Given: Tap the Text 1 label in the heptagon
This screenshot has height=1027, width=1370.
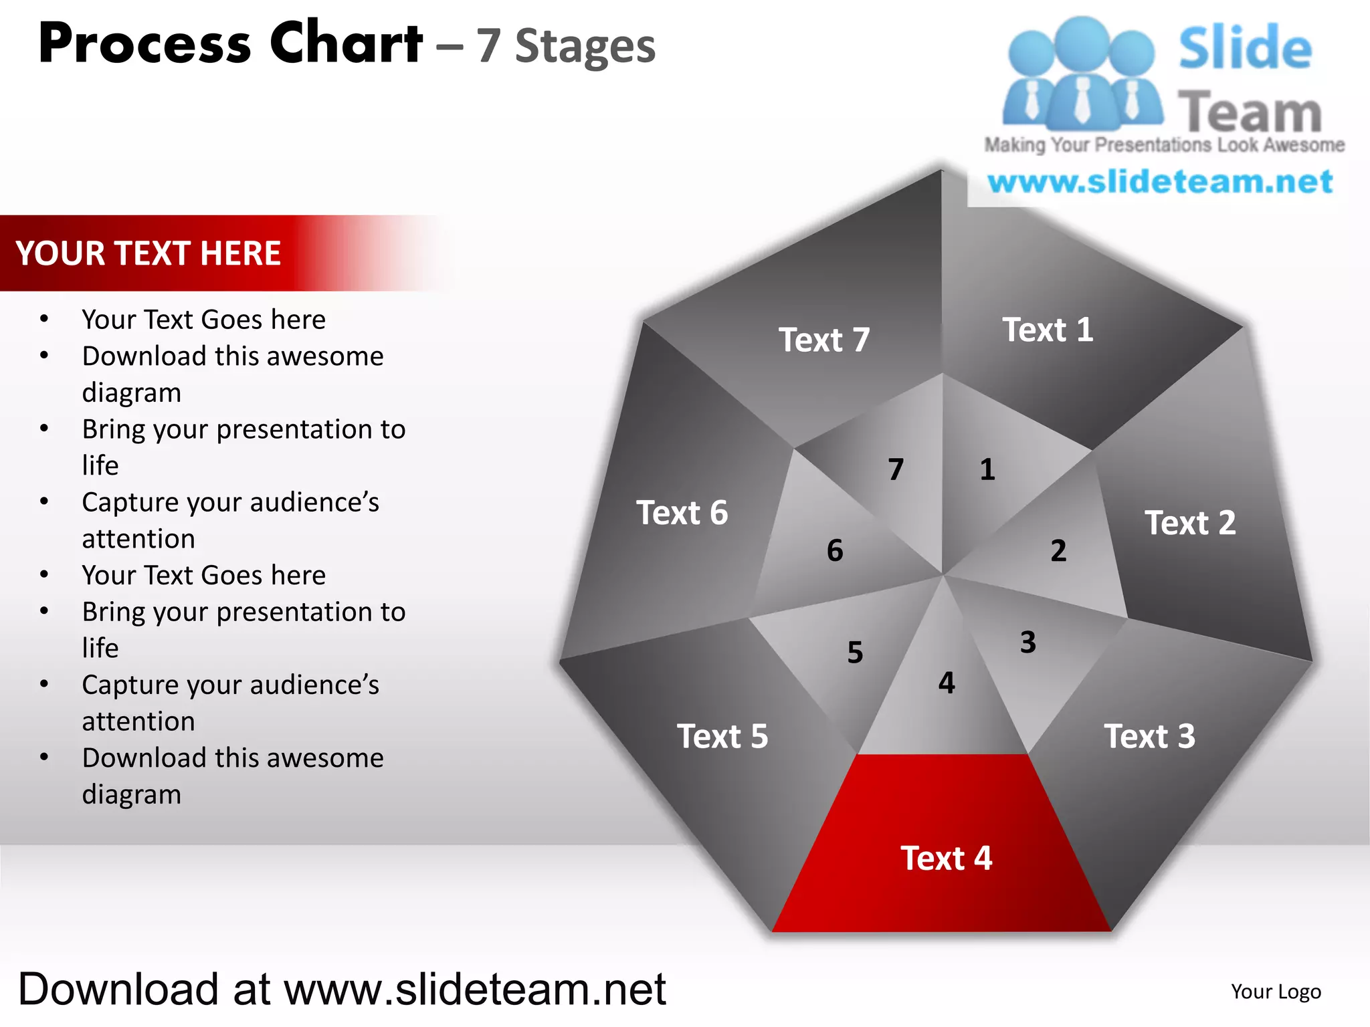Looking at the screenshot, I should (x=1048, y=330).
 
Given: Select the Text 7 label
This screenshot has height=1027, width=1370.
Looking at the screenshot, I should (x=824, y=340).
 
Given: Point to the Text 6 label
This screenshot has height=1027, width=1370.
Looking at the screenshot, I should (x=682, y=513).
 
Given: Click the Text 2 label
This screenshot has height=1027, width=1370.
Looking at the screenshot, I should (x=1190, y=523).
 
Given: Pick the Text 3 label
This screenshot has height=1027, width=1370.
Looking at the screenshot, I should (x=1149, y=737).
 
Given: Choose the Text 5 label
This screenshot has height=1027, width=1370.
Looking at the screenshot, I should (x=722, y=737).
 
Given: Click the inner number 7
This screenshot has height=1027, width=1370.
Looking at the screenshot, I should (x=896, y=469).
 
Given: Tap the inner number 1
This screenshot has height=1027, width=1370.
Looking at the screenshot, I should (x=987, y=469).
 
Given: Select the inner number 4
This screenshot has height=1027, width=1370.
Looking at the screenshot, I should (x=947, y=683).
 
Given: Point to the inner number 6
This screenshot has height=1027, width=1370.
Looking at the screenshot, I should (x=835, y=551).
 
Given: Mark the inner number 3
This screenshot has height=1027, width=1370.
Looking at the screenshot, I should (x=1028, y=643).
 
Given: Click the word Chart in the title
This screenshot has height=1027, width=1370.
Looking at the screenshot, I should (x=346, y=43).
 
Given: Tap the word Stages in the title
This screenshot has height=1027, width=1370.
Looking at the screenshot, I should (x=585, y=47).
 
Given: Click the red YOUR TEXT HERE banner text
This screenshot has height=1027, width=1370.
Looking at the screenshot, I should (x=149, y=253).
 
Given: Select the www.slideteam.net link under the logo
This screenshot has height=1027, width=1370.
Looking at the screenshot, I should (x=1160, y=182).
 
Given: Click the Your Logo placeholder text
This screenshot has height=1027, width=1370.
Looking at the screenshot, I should (x=1276, y=992).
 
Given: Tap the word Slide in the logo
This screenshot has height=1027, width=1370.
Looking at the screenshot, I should (x=1245, y=48).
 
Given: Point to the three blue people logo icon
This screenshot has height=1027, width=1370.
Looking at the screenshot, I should (x=1082, y=74).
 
